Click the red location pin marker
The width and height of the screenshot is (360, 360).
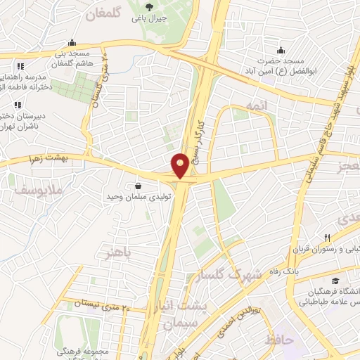tap(181, 165)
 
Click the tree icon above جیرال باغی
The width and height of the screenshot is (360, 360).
tap(149, 6)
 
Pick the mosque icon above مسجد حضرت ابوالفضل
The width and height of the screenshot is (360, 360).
tap(281, 50)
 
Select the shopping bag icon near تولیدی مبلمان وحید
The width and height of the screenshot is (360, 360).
tap(137, 186)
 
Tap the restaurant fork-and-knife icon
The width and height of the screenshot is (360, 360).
tap(326, 237)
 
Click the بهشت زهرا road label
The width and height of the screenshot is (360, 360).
tap(42, 160)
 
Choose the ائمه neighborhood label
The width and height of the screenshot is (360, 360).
tap(253, 105)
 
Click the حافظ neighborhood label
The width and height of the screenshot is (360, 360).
tap(279, 341)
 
